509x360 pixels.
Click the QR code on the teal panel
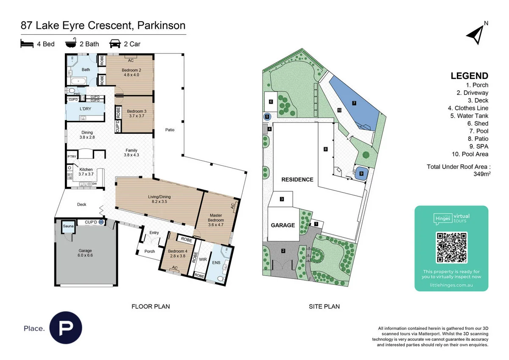(x=451, y=247)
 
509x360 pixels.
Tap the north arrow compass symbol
(x=475, y=34)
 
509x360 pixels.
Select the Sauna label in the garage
(x=68, y=226)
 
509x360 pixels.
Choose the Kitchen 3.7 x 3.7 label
(x=86, y=172)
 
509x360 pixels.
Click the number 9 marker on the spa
(x=361, y=173)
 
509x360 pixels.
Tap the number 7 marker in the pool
(x=354, y=103)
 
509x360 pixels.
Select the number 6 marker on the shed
(x=270, y=101)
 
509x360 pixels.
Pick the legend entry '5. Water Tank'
(x=470, y=115)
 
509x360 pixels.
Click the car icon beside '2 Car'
(x=115, y=44)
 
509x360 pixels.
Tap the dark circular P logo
(x=66, y=328)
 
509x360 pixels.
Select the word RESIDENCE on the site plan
(x=297, y=180)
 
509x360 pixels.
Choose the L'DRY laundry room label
(x=86, y=109)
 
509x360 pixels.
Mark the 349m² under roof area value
(x=482, y=174)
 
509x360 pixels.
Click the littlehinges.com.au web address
(x=451, y=285)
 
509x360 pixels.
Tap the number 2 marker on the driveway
(x=283, y=251)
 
